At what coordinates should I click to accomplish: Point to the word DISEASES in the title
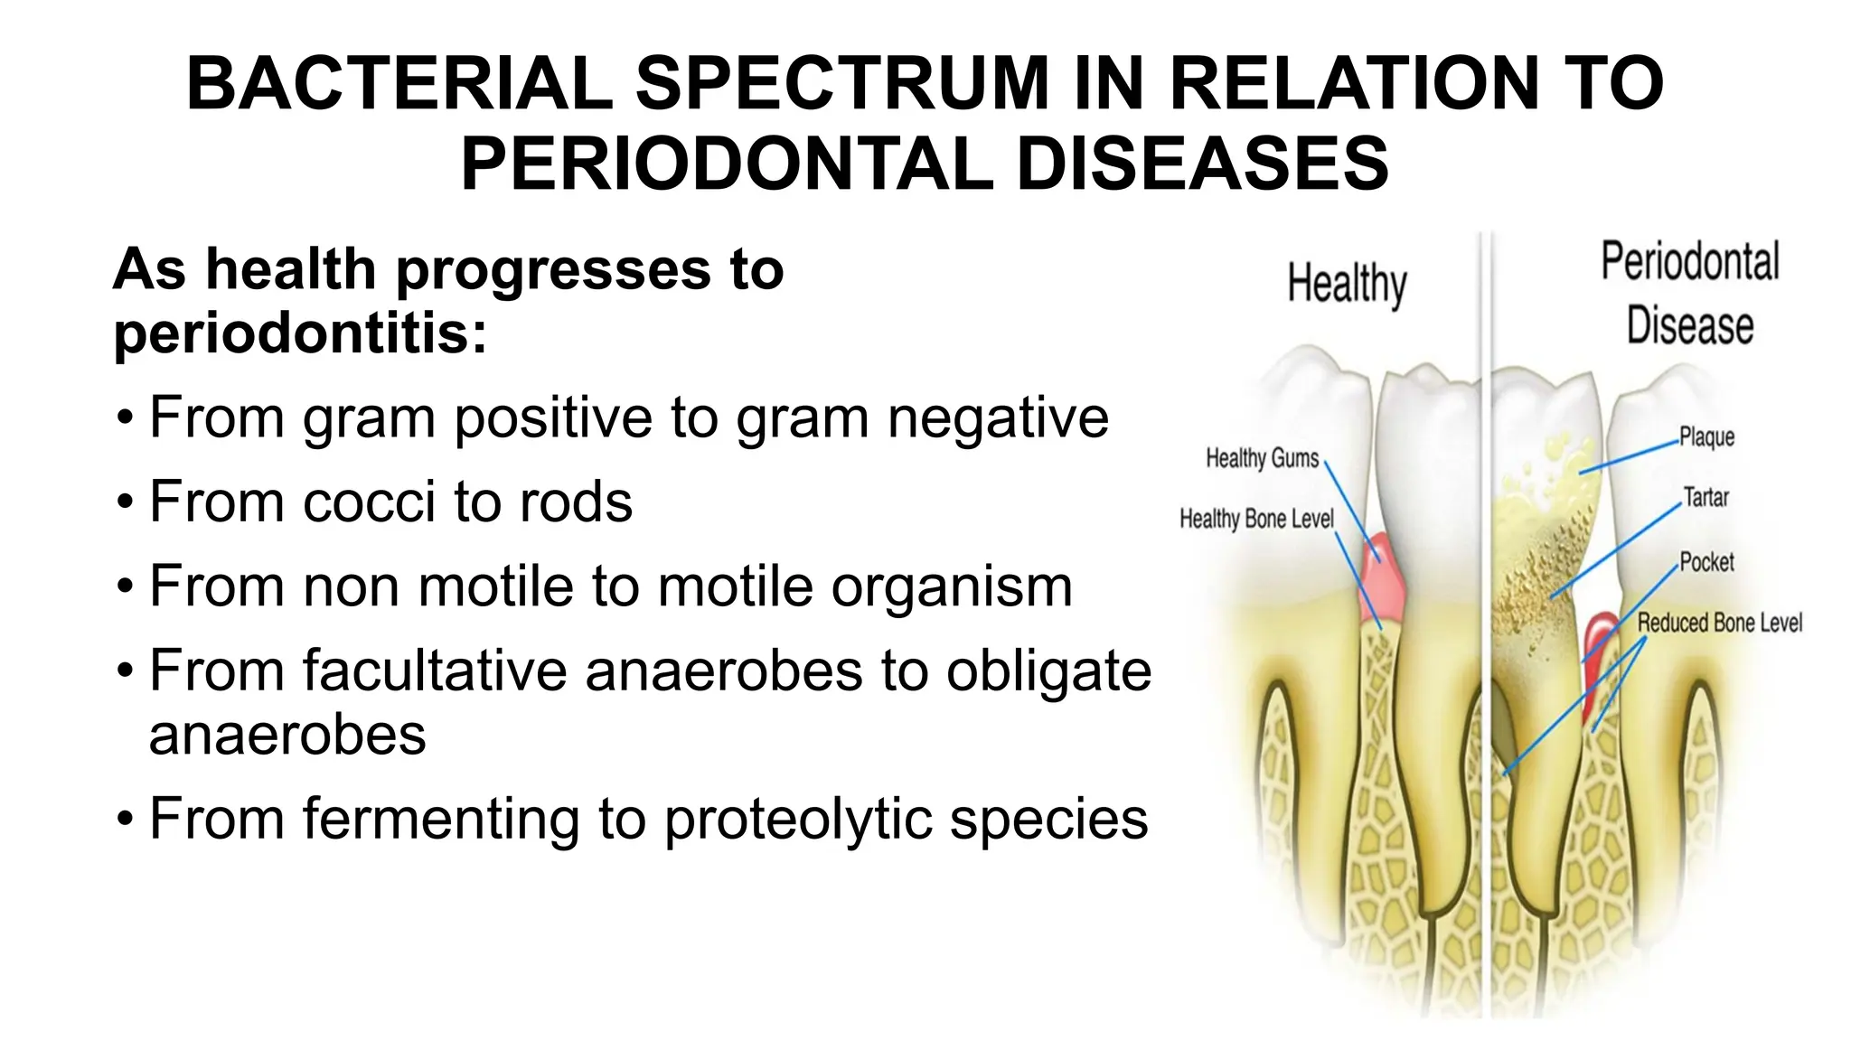[x=1202, y=164]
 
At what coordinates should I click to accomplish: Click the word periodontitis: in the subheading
[x=300, y=333]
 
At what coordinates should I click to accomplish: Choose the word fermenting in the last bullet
[x=440, y=819]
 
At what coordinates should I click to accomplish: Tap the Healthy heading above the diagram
[x=1347, y=284]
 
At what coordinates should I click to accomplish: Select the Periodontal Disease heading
[x=1690, y=293]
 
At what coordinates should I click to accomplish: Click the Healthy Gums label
[x=1262, y=458]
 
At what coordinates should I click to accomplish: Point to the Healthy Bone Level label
[x=1256, y=519]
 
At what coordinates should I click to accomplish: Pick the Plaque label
[x=1706, y=437]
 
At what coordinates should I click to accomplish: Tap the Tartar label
[x=1705, y=497]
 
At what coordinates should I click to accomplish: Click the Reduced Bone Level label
[x=1719, y=623]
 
